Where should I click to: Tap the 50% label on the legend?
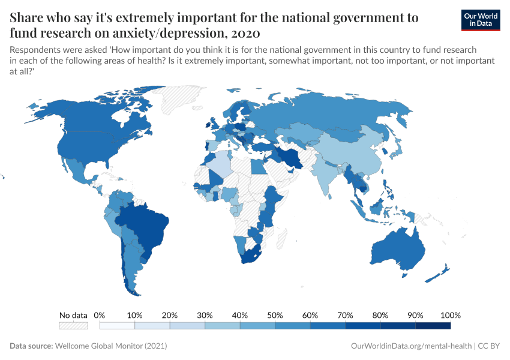(275, 315)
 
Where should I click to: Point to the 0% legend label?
(100, 315)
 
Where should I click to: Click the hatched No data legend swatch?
(73, 326)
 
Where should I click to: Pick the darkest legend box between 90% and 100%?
(433, 326)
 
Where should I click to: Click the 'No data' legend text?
(73, 315)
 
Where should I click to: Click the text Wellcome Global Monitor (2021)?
(111, 346)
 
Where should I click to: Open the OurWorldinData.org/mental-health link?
(410, 346)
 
